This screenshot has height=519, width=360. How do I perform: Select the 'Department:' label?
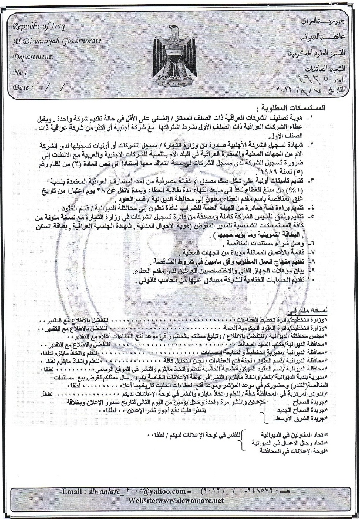(x=33, y=57)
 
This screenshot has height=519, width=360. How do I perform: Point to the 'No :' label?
(x=19, y=72)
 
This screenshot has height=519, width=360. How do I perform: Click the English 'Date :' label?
(x=22, y=86)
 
